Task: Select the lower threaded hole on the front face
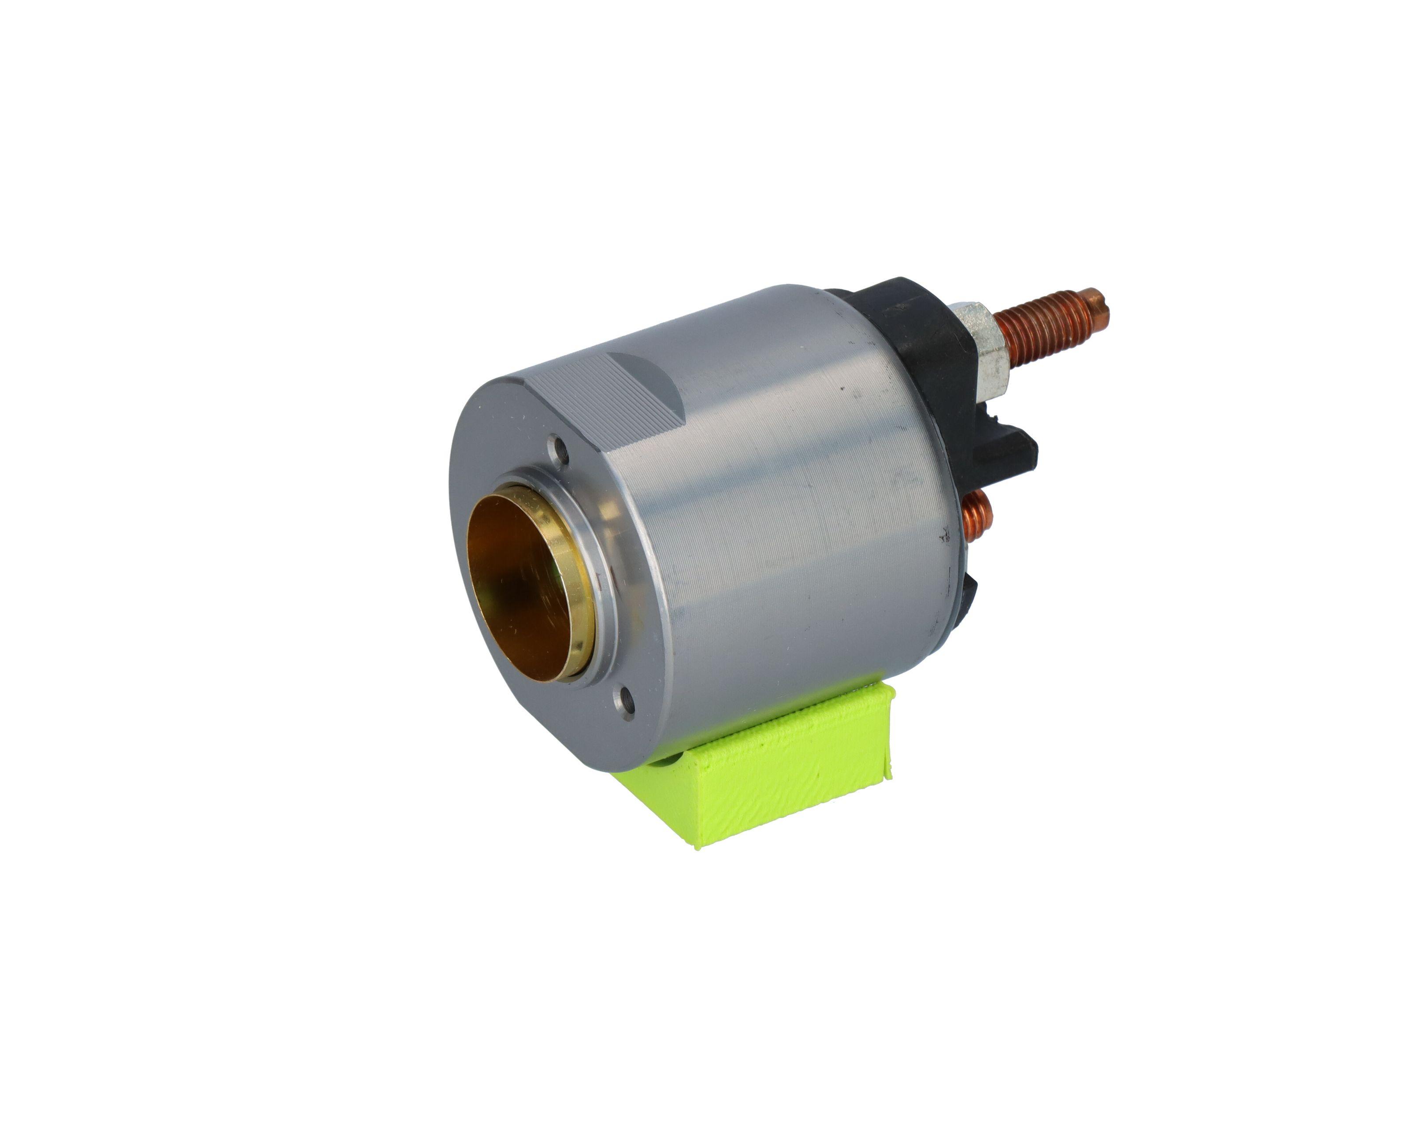pyautogui.click(x=624, y=700)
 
